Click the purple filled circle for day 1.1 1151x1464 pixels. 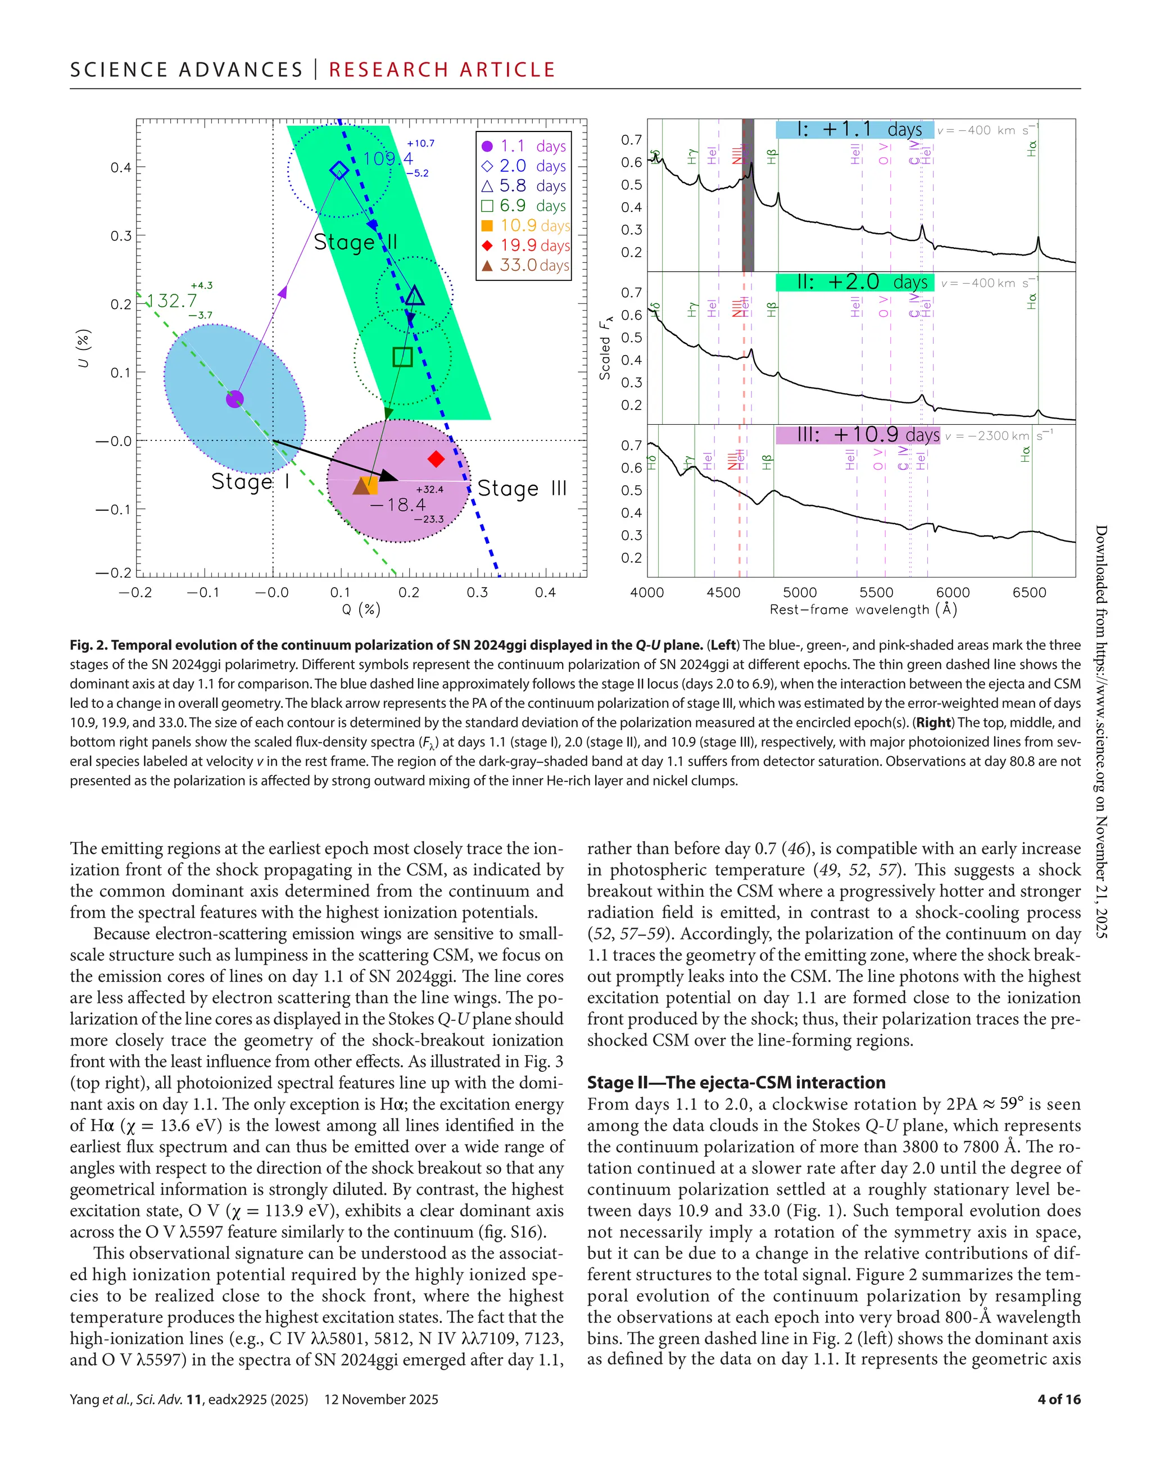pyautogui.click(x=234, y=399)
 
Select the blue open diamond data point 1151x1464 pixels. pyautogui.click(x=339, y=170)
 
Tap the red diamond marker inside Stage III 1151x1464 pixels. pyautogui.click(x=437, y=460)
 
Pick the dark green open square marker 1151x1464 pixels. pyautogui.click(x=402, y=356)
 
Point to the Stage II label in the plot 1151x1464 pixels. pyautogui.click(x=355, y=242)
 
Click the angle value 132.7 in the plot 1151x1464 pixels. pyautogui.click(x=173, y=301)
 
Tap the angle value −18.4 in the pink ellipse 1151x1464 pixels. pyautogui.click(x=397, y=504)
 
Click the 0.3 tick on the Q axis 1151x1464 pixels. pyautogui.click(x=477, y=593)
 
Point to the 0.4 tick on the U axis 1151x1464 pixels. pyautogui.click(x=121, y=167)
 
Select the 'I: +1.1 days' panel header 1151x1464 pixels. pyautogui.click(x=854, y=129)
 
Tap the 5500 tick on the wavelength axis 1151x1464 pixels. pyautogui.click(x=876, y=593)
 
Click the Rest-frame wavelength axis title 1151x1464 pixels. pyautogui.click(x=863, y=610)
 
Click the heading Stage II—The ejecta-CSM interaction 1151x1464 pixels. pyautogui.click(x=736, y=1082)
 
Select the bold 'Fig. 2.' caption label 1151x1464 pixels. pyautogui.click(x=89, y=645)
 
